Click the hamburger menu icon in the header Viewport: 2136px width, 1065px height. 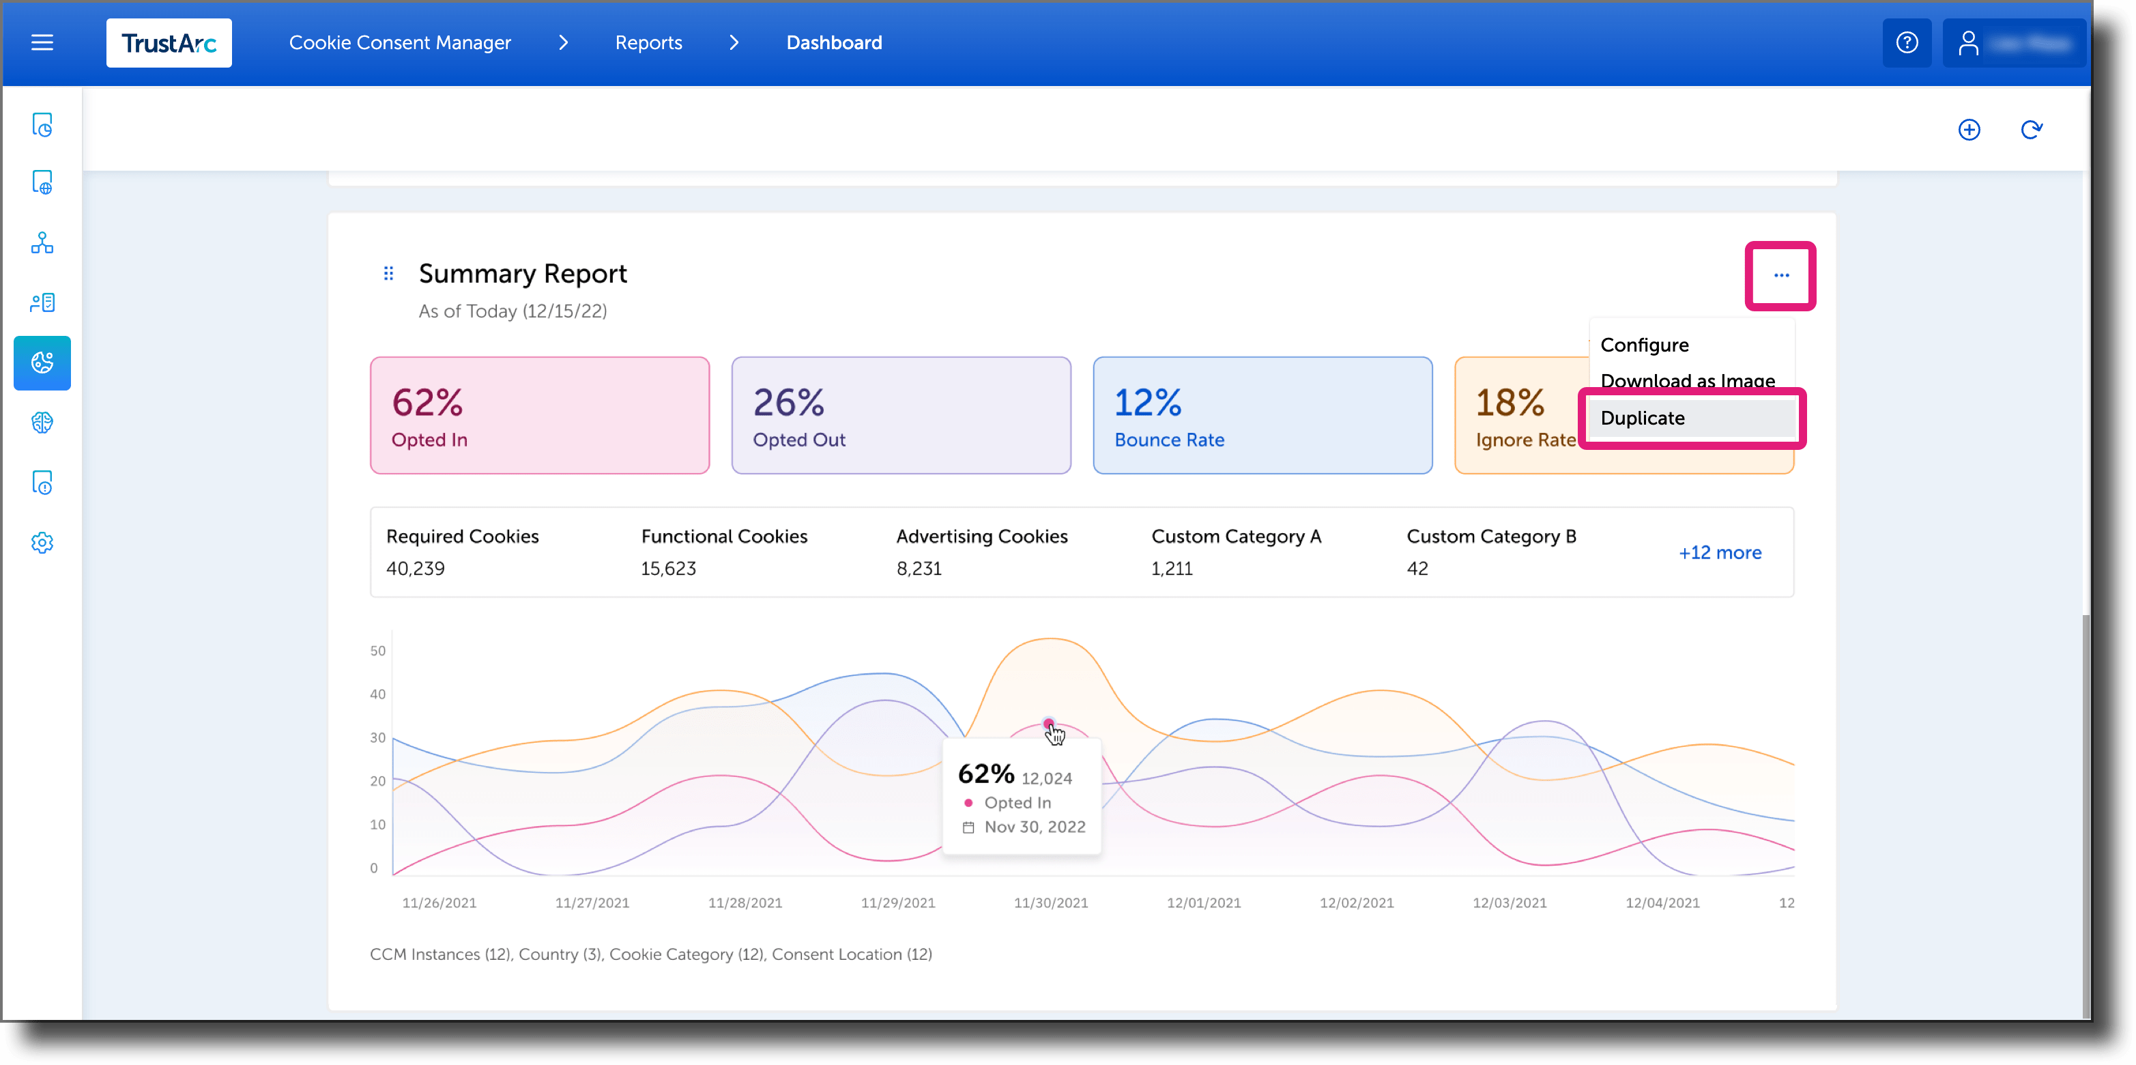[x=42, y=42]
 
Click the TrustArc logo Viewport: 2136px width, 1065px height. [x=169, y=43]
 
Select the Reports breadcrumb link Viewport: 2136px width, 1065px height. [x=648, y=42]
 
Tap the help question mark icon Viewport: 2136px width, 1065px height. [x=1906, y=42]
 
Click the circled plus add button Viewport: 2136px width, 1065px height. [x=1969, y=130]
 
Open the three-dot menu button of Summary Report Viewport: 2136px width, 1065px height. [x=1780, y=275]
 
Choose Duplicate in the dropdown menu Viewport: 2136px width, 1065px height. [x=1642, y=418]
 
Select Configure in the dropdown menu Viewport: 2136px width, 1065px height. [x=1643, y=345]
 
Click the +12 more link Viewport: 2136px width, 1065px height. [x=1719, y=552]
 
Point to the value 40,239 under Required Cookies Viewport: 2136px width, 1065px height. [x=416, y=569]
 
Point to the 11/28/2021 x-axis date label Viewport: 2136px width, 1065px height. [x=745, y=903]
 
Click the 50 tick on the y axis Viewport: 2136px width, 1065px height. [x=377, y=651]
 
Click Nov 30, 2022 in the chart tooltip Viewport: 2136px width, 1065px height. [x=1034, y=827]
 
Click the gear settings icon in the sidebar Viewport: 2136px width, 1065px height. [x=42, y=543]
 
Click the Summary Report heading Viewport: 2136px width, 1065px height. [x=522, y=274]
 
